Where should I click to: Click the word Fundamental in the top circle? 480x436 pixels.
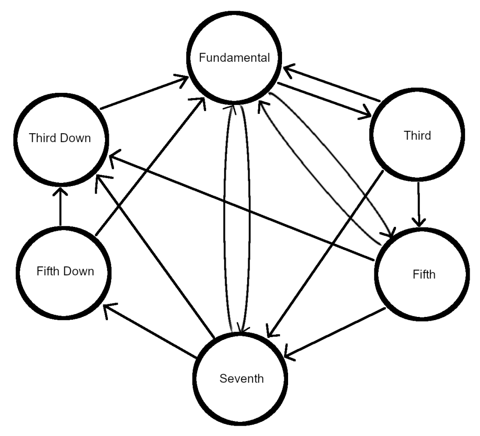[x=234, y=58]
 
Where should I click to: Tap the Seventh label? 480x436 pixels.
[x=242, y=378]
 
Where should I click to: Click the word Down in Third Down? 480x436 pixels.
[x=80, y=138]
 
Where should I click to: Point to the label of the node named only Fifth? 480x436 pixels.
[x=424, y=274]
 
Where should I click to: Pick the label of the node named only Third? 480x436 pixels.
[x=417, y=136]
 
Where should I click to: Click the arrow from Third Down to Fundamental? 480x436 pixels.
[x=141, y=94]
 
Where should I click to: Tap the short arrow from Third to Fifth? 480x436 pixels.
[x=419, y=202]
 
